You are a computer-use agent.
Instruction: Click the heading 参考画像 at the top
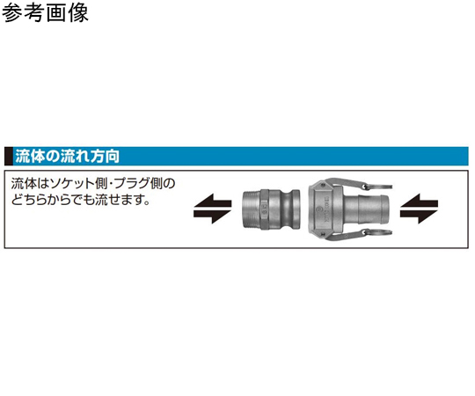pos(45,13)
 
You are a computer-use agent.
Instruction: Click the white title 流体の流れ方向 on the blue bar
pos(67,157)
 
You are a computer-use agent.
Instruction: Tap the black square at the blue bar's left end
pos(9,157)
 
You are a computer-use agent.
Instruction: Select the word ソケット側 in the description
pos(80,184)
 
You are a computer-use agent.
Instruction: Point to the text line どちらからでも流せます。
pos(81,200)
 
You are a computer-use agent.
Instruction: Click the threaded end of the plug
pos(250,209)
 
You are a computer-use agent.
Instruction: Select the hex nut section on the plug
pos(263,209)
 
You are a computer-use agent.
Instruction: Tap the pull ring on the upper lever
pos(378,187)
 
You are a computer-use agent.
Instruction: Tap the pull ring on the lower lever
pos(378,232)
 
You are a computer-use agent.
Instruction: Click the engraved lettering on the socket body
pos(326,210)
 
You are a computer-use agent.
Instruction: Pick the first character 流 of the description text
pos(17,184)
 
